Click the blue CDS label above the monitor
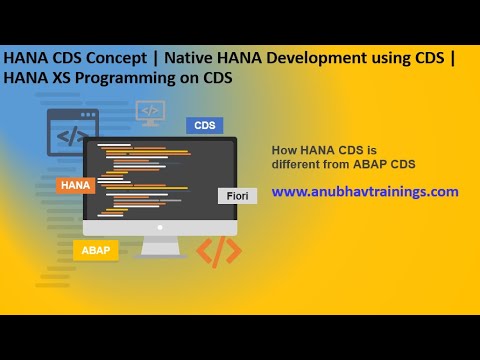pyautogui.click(x=204, y=126)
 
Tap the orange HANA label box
pyautogui.click(x=76, y=185)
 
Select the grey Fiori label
pyautogui.click(x=238, y=196)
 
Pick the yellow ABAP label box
pyautogui.click(x=96, y=250)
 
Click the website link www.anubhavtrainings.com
pyautogui.click(x=365, y=191)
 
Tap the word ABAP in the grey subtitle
pyautogui.click(x=375, y=164)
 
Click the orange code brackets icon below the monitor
pyautogui.click(x=218, y=251)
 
